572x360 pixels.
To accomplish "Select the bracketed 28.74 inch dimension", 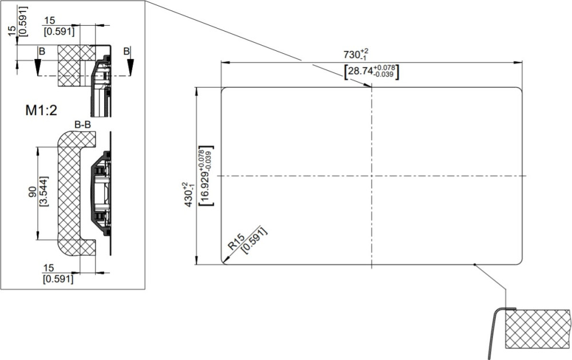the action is [x=371, y=71].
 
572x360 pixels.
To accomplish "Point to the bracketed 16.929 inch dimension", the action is [x=206, y=176].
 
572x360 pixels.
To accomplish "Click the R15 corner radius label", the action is [x=236, y=242].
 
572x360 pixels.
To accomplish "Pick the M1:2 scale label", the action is [x=41, y=110].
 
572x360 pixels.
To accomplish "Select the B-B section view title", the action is [x=83, y=125].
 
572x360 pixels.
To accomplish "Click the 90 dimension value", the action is [x=33, y=192].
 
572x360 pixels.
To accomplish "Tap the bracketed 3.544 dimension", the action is [x=43, y=192].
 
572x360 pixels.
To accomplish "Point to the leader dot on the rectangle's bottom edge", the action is [x=474, y=264].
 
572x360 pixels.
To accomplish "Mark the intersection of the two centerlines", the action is [x=371, y=176].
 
